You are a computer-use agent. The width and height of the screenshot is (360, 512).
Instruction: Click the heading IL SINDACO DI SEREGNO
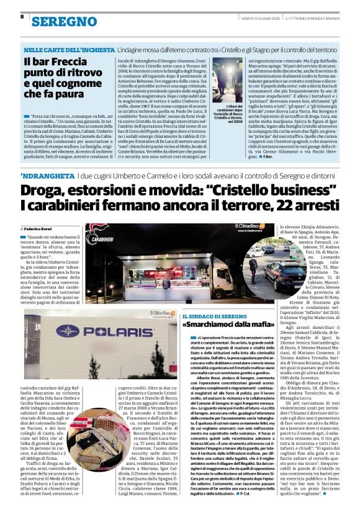(212, 318)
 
